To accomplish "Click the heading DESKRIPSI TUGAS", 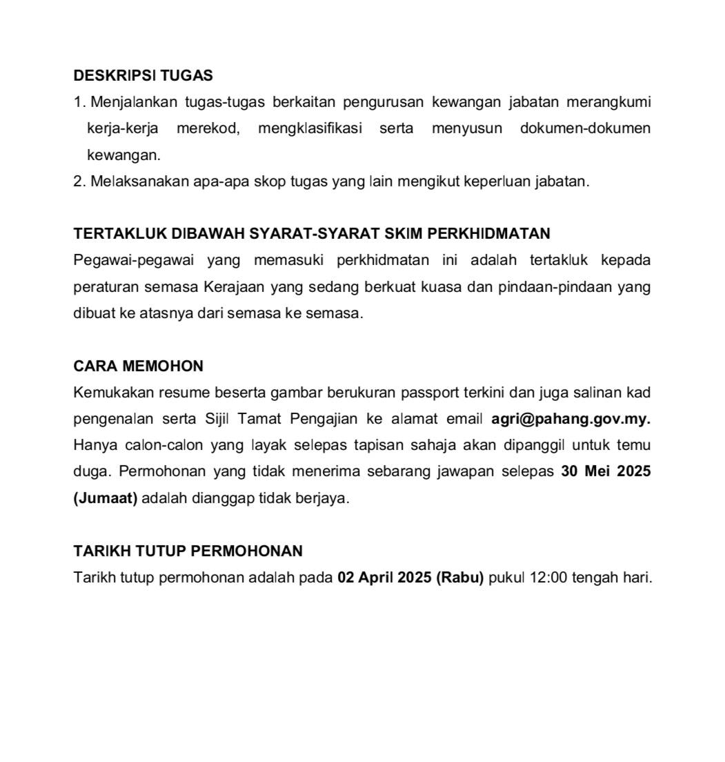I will coord(143,75).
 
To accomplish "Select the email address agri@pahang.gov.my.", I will coord(570,419).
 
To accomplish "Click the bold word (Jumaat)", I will coord(106,498).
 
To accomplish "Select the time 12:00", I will coord(548,578).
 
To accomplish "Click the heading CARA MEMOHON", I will coord(138,366).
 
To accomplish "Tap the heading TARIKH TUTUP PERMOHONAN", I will coord(188,551).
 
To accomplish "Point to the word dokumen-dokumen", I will coord(585,129).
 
